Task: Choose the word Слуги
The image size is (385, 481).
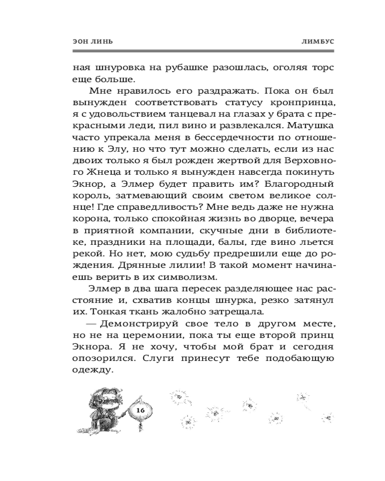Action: [x=183, y=356]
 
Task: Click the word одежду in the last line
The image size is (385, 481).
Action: [x=93, y=368]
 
